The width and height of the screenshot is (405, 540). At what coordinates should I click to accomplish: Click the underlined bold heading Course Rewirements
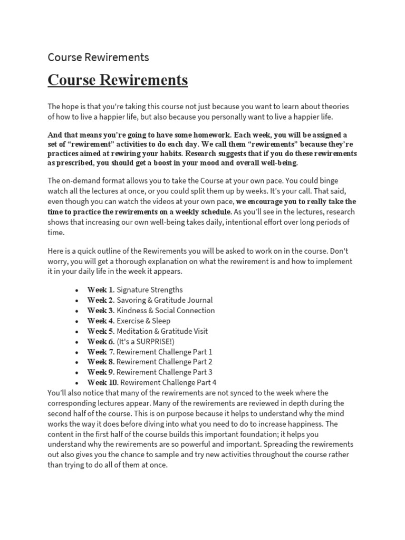(118, 80)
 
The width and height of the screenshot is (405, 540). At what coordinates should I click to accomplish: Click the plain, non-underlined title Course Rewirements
(98, 57)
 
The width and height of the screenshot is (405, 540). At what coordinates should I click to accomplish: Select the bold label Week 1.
(100, 290)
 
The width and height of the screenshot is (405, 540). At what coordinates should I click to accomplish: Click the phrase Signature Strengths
(150, 290)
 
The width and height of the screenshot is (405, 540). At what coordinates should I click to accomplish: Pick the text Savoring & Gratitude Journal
(165, 300)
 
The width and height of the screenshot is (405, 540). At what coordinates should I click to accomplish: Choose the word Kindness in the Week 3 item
(132, 311)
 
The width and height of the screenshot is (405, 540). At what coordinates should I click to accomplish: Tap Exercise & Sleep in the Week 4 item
(143, 321)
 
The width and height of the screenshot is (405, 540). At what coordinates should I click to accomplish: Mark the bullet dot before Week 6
(77, 342)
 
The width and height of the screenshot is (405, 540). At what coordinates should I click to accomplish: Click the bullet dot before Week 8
(77, 362)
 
